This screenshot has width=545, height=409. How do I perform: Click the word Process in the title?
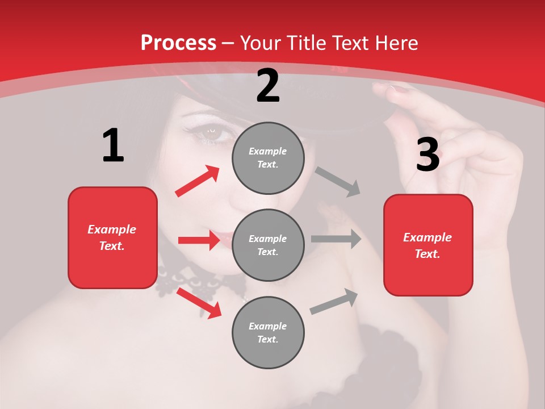[178, 43]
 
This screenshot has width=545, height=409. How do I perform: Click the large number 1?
[113, 146]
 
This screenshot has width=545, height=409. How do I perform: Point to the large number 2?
[268, 86]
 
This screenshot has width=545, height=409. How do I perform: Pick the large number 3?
[427, 155]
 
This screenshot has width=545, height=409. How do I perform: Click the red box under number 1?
[112, 237]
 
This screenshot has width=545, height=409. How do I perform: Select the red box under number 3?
[428, 245]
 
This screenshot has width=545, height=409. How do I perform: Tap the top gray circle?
[268, 158]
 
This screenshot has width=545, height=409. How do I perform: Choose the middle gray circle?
[268, 245]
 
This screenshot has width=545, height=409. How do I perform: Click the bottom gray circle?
[268, 332]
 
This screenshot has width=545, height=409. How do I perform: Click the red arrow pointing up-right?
[198, 181]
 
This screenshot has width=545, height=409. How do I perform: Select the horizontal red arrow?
[199, 240]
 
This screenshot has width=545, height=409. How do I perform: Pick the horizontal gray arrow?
[336, 239]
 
